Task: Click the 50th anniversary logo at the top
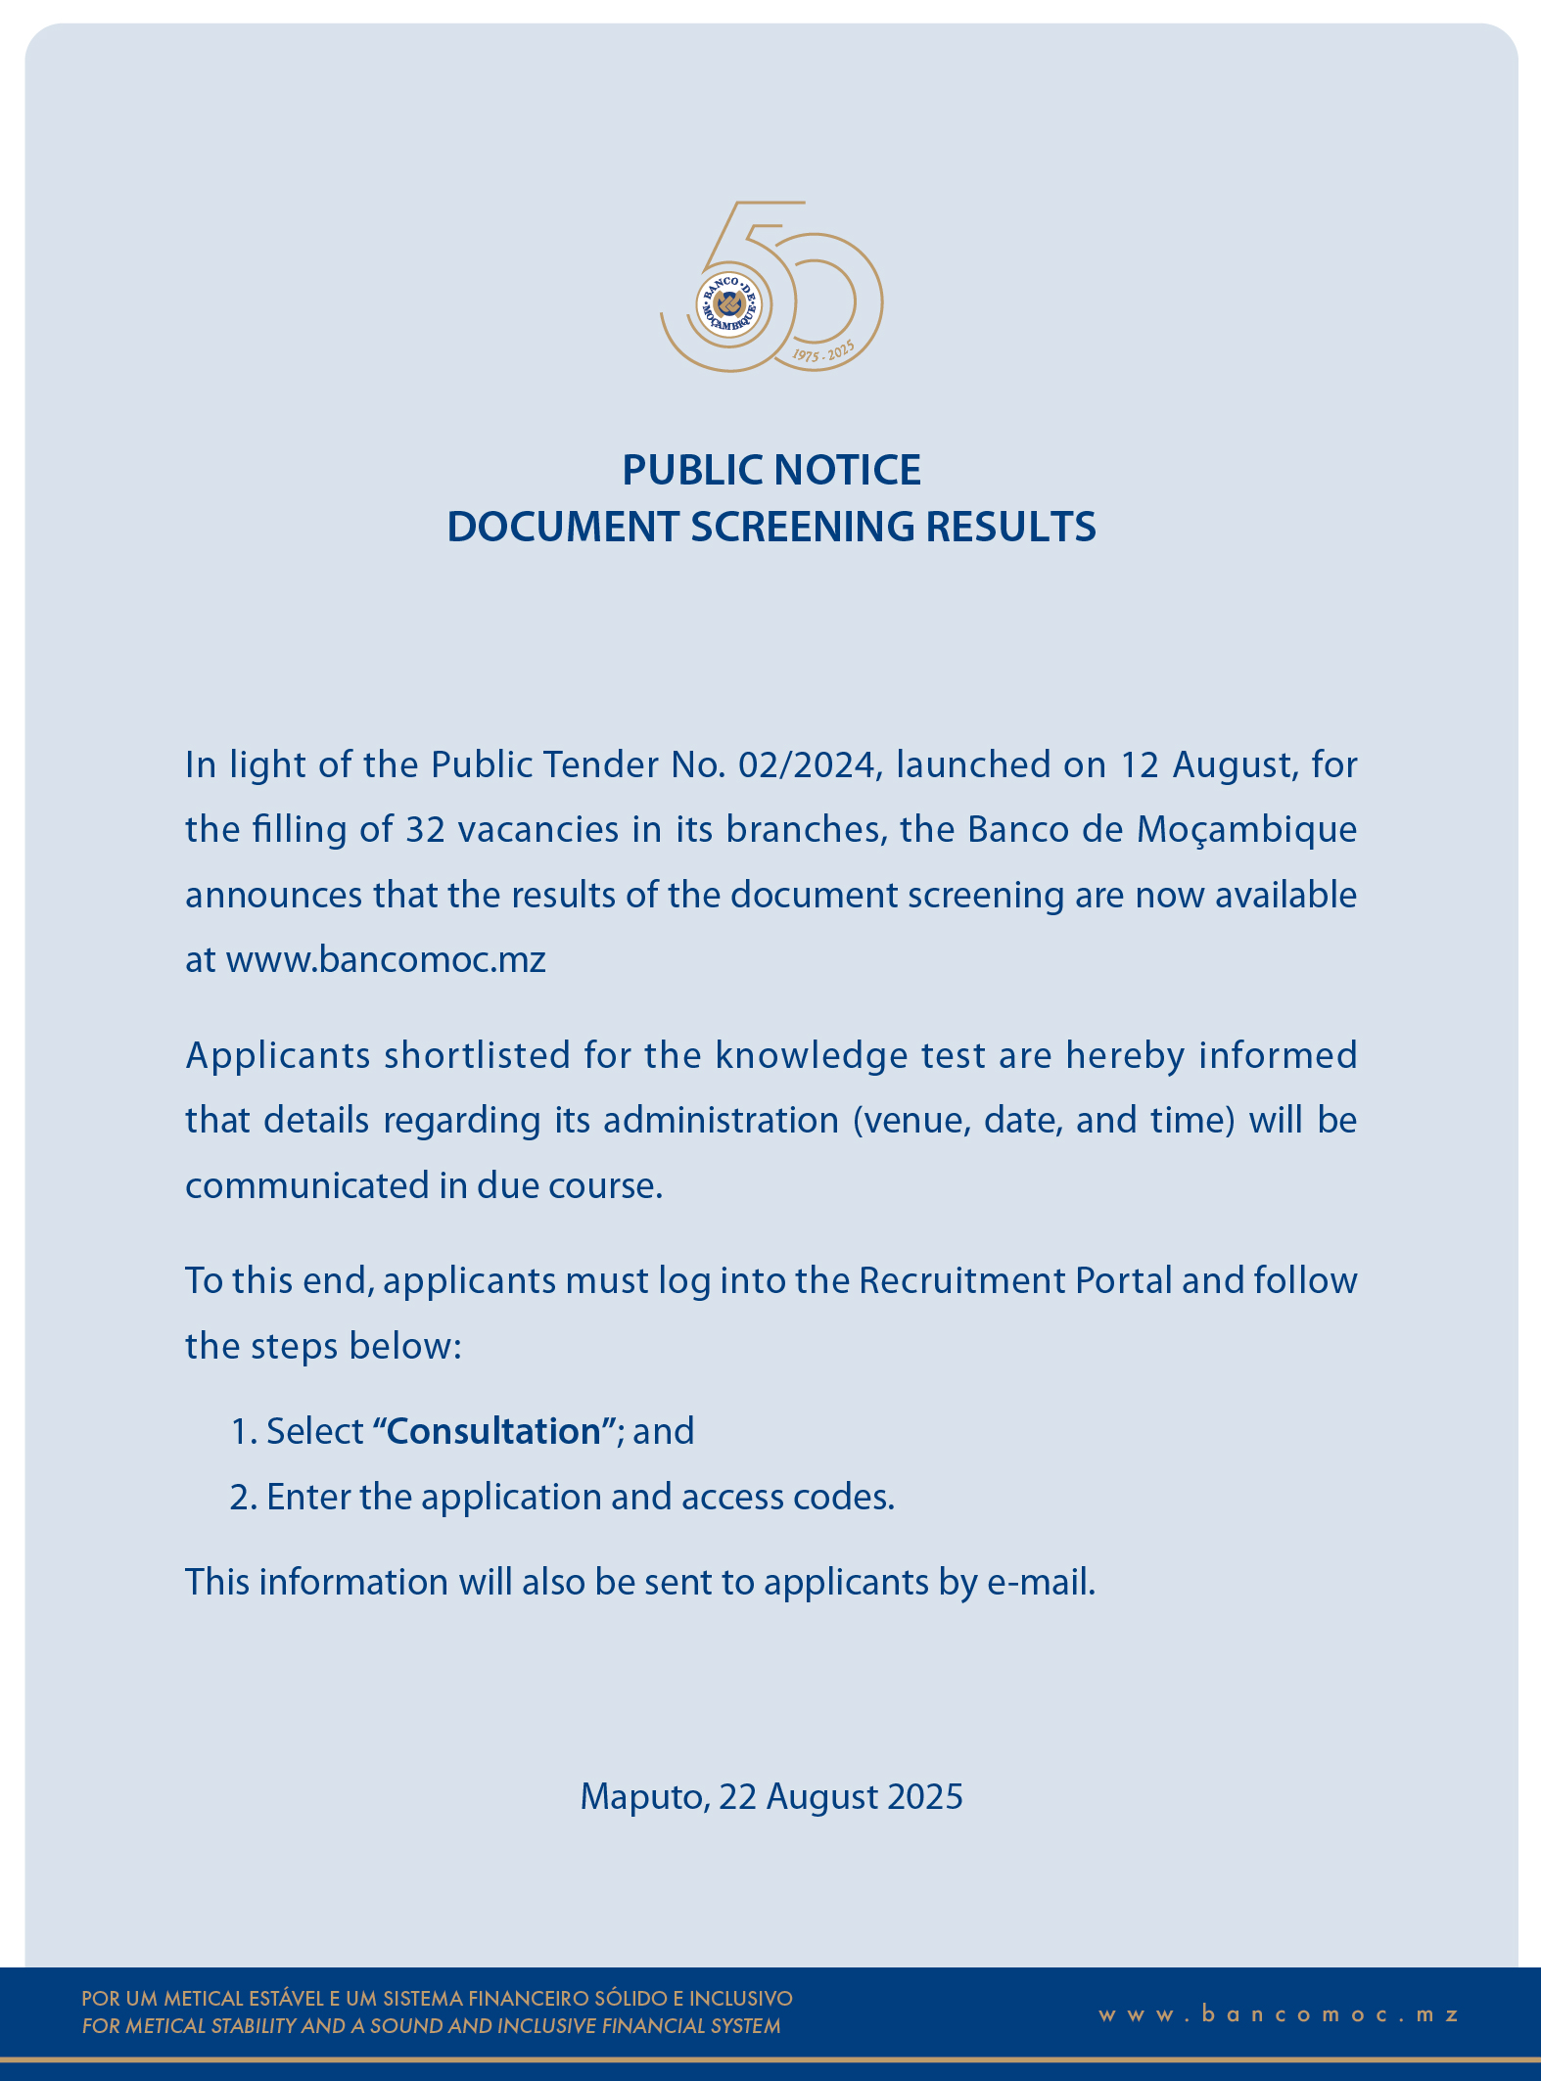click(x=771, y=288)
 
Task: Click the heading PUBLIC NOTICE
click(x=771, y=470)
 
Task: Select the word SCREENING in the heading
click(x=806, y=527)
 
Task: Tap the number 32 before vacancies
click(x=425, y=829)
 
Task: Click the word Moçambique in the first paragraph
click(x=1246, y=829)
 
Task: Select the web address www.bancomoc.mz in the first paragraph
click(x=386, y=959)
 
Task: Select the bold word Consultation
click(x=493, y=1431)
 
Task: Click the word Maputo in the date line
click(x=643, y=1796)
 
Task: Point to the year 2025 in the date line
click(x=925, y=1796)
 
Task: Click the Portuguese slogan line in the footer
click(x=437, y=1998)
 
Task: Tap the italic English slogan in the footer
click(x=431, y=2026)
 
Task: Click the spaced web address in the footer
click(x=1279, y=2013)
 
